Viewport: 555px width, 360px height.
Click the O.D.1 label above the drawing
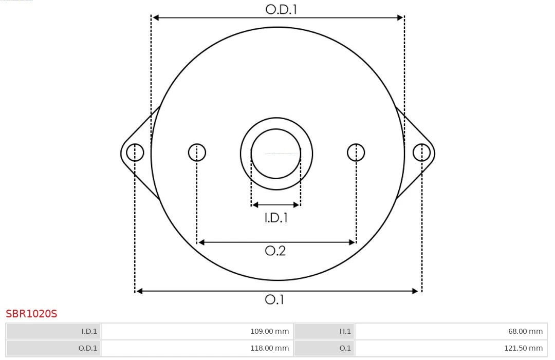(x=281, y=9)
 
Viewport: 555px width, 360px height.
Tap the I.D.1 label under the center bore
(x=276, y=217)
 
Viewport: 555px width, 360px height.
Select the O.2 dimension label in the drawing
(x=275, y=251)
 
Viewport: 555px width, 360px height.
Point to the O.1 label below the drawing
(x=274, y=299)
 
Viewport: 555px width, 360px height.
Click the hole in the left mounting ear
(x=135, y=153)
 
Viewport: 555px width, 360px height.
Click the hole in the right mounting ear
(x=421, y=153)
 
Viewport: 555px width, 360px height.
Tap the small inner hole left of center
(x=197, y=153)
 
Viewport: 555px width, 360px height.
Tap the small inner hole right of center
(x=356, y=153)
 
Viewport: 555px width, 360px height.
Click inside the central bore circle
(x=276, y=154)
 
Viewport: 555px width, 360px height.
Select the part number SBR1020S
(x=31, y=314)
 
